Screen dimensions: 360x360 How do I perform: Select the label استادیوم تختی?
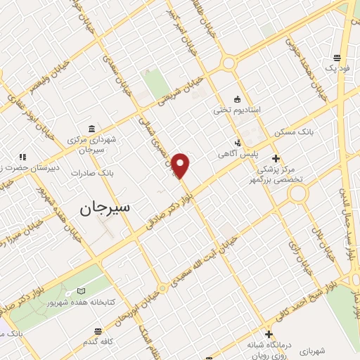237,110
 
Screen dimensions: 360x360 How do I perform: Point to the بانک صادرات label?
97,172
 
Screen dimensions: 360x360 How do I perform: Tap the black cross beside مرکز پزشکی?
276,157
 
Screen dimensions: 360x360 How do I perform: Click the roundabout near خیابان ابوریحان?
162,288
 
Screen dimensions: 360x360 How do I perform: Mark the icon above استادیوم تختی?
237,99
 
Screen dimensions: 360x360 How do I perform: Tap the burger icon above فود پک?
337,58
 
